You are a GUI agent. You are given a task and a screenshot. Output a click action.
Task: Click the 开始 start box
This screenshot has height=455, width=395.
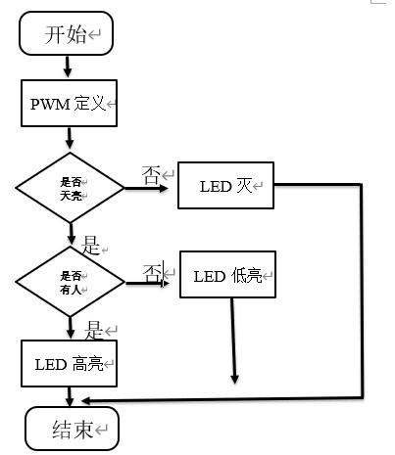[66, 33]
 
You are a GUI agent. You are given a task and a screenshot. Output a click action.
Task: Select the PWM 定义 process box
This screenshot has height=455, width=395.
[69, 103]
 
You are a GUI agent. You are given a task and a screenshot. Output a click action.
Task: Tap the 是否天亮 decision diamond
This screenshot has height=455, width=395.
[70, 188]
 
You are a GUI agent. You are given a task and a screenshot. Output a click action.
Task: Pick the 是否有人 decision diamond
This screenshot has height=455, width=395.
[70, 282]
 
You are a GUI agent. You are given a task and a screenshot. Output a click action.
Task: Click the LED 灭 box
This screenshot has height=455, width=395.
[225, 185]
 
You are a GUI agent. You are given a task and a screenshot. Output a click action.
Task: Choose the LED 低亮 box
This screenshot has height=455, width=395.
[227, 274]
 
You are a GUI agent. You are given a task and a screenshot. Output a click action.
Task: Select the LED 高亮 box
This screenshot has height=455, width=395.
[69, 363]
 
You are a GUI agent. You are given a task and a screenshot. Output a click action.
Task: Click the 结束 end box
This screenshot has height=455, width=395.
[72, 429]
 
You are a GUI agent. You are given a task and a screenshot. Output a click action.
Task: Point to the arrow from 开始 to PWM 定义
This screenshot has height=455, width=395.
[68, 67]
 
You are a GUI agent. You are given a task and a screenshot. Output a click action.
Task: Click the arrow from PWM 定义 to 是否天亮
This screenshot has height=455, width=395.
[70, 138]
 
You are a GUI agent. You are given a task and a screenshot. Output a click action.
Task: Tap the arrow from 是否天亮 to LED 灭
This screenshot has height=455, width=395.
[146, 188]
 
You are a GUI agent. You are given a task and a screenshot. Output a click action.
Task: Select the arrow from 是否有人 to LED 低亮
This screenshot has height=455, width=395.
[147, 283]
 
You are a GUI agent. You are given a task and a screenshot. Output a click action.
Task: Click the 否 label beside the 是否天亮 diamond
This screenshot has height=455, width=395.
[151, 175]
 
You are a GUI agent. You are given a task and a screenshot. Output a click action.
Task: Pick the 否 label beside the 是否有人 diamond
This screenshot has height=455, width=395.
[152, 272]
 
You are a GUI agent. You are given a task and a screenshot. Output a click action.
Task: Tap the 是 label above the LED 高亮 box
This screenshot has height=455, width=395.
[94, 330]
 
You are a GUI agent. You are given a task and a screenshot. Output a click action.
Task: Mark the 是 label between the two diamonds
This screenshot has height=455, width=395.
[90, 246]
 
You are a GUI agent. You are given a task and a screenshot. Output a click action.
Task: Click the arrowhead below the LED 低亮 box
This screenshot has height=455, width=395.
[234, 379]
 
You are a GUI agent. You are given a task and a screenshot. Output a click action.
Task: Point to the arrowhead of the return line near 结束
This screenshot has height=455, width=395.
[86, 401]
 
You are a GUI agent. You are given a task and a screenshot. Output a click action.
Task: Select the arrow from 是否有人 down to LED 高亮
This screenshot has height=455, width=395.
[71, 328]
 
